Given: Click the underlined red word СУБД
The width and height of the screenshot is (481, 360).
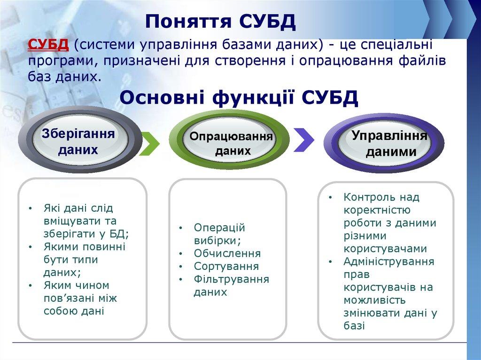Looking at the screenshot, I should [49, 45].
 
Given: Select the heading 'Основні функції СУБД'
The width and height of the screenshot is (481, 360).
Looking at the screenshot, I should [239, 98].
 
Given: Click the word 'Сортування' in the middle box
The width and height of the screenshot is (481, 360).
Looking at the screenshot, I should [226, 267].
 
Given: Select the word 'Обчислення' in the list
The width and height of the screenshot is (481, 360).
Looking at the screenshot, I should [227, 254].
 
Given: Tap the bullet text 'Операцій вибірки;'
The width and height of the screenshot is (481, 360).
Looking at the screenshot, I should [219, 234].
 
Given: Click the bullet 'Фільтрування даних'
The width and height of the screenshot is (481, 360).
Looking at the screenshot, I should [231, 286].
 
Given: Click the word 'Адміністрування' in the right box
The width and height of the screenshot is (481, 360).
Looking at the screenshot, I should [388, 261].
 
